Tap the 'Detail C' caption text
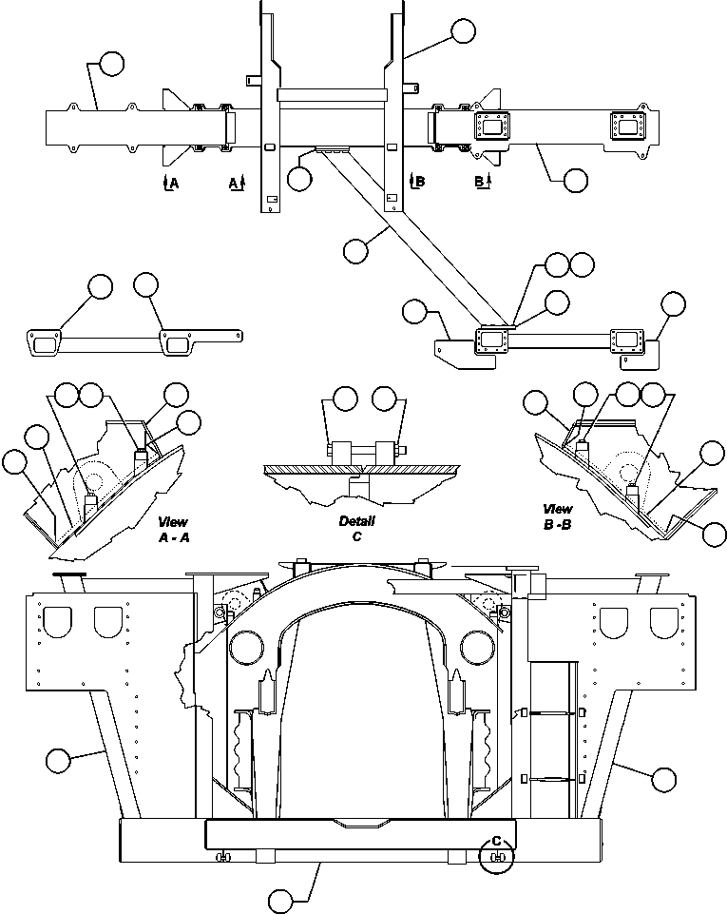(357, 529)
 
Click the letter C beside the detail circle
(494, 841)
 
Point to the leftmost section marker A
(170, 182)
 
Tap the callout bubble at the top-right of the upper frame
(463, 30)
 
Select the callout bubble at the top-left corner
(111, 64)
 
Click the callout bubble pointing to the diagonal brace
(356, 250)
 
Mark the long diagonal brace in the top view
(409, 238)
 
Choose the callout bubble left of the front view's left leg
(58, 761)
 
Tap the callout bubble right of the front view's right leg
(663, 779)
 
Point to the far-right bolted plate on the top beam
(628, 126)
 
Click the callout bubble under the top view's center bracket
(299, 179)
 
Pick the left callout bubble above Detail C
(346, 399)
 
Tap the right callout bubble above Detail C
(384, 399)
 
